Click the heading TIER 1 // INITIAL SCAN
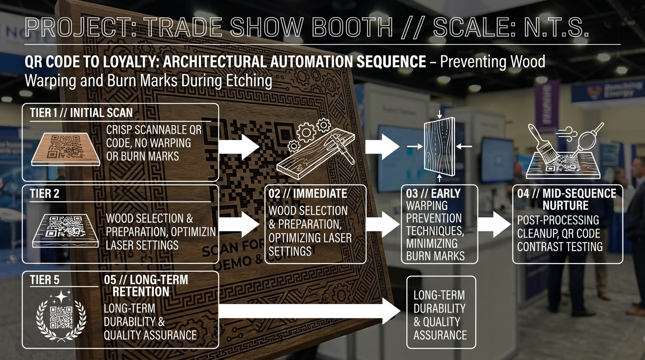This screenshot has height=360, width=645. pyautogui.click(x=81, y=112)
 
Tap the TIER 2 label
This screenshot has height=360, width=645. pyautogui.click(x=45, y=193)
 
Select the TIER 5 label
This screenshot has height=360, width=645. pyautogui.click(x=45, y=280)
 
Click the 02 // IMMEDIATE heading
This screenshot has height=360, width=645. pyautogui.click(x=307, y=193)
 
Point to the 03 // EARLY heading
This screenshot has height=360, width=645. pyautogui.click(x=433, y=193)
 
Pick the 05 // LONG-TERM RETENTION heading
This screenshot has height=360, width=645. pyautogui.click(x=145, y=285)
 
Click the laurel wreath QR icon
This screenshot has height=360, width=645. pyautogui.click(x=61, y=315)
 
